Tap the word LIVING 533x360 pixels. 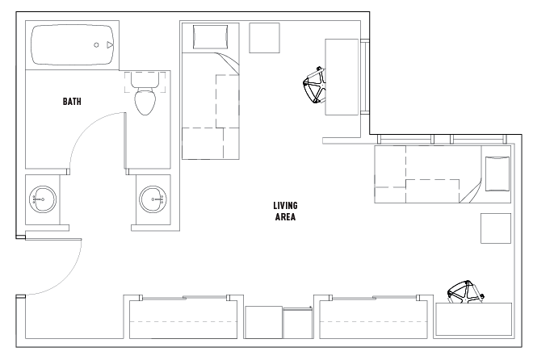coord(286,205)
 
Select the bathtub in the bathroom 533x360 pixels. coord(72,46)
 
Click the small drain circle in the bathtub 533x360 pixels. coord(96,45)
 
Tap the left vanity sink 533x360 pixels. coord(42,197)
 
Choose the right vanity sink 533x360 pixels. coord(152,196)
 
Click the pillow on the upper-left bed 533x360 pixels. coord(209,36)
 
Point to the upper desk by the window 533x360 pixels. coord(341,77)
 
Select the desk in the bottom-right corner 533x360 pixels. coord(474,320)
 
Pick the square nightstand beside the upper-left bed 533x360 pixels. coord(264,38)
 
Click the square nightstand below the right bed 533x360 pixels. coord(495,228)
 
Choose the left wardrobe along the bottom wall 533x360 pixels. coord(185,320)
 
